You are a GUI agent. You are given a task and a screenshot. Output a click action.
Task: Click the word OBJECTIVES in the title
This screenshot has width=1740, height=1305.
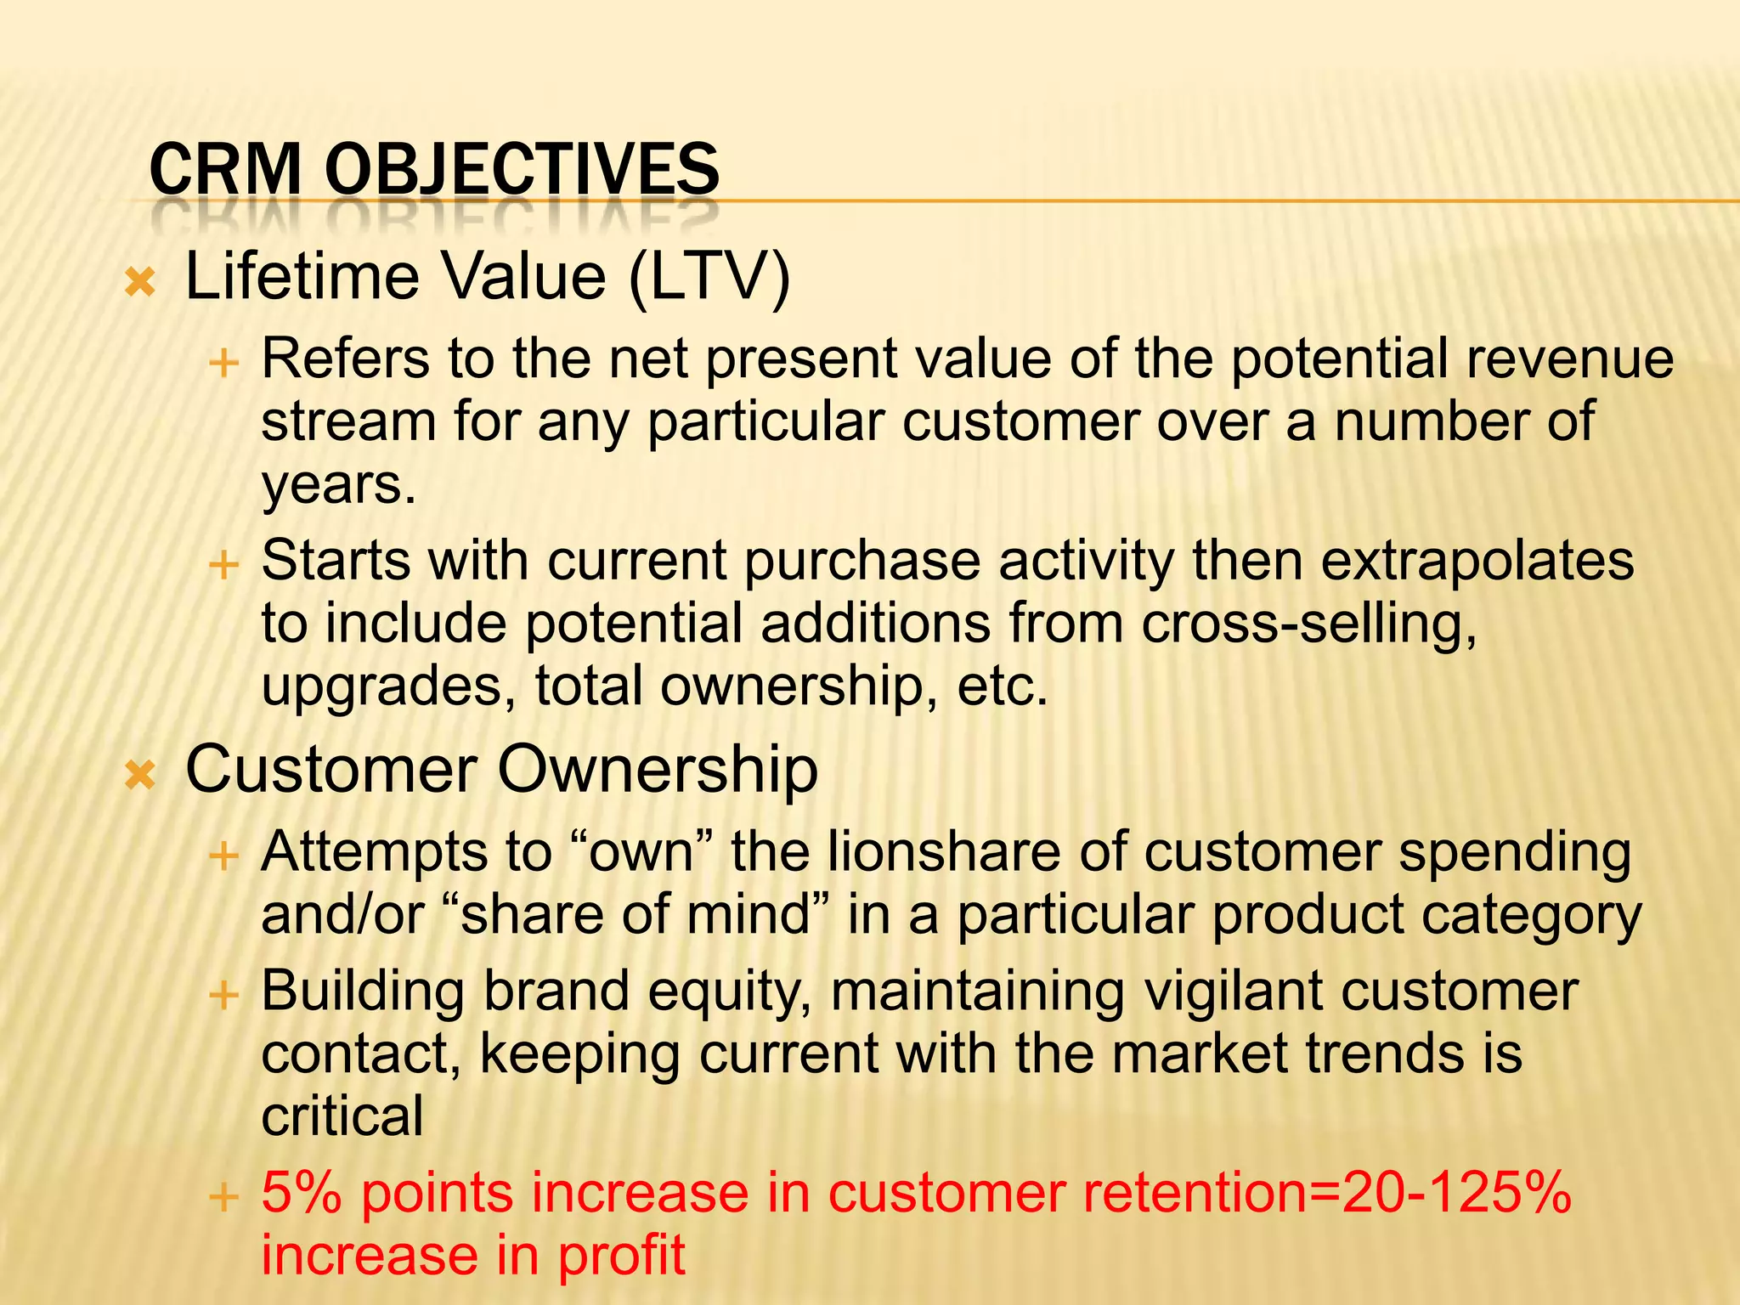point(522,169)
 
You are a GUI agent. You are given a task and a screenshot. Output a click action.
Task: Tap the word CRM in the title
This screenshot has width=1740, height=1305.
point(225,169)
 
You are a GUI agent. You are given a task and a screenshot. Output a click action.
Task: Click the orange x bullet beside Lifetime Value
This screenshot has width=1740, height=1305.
point(140,281)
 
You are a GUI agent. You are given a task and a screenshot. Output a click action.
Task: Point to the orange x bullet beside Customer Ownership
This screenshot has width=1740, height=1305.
point(140,774)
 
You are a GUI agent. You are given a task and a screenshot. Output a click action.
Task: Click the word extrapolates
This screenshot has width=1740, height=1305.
point(1477,560)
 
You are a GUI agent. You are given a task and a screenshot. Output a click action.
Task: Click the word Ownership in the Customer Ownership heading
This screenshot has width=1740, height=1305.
point(658,769)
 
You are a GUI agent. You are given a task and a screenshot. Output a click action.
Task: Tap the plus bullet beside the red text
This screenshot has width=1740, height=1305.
point(223,1197)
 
